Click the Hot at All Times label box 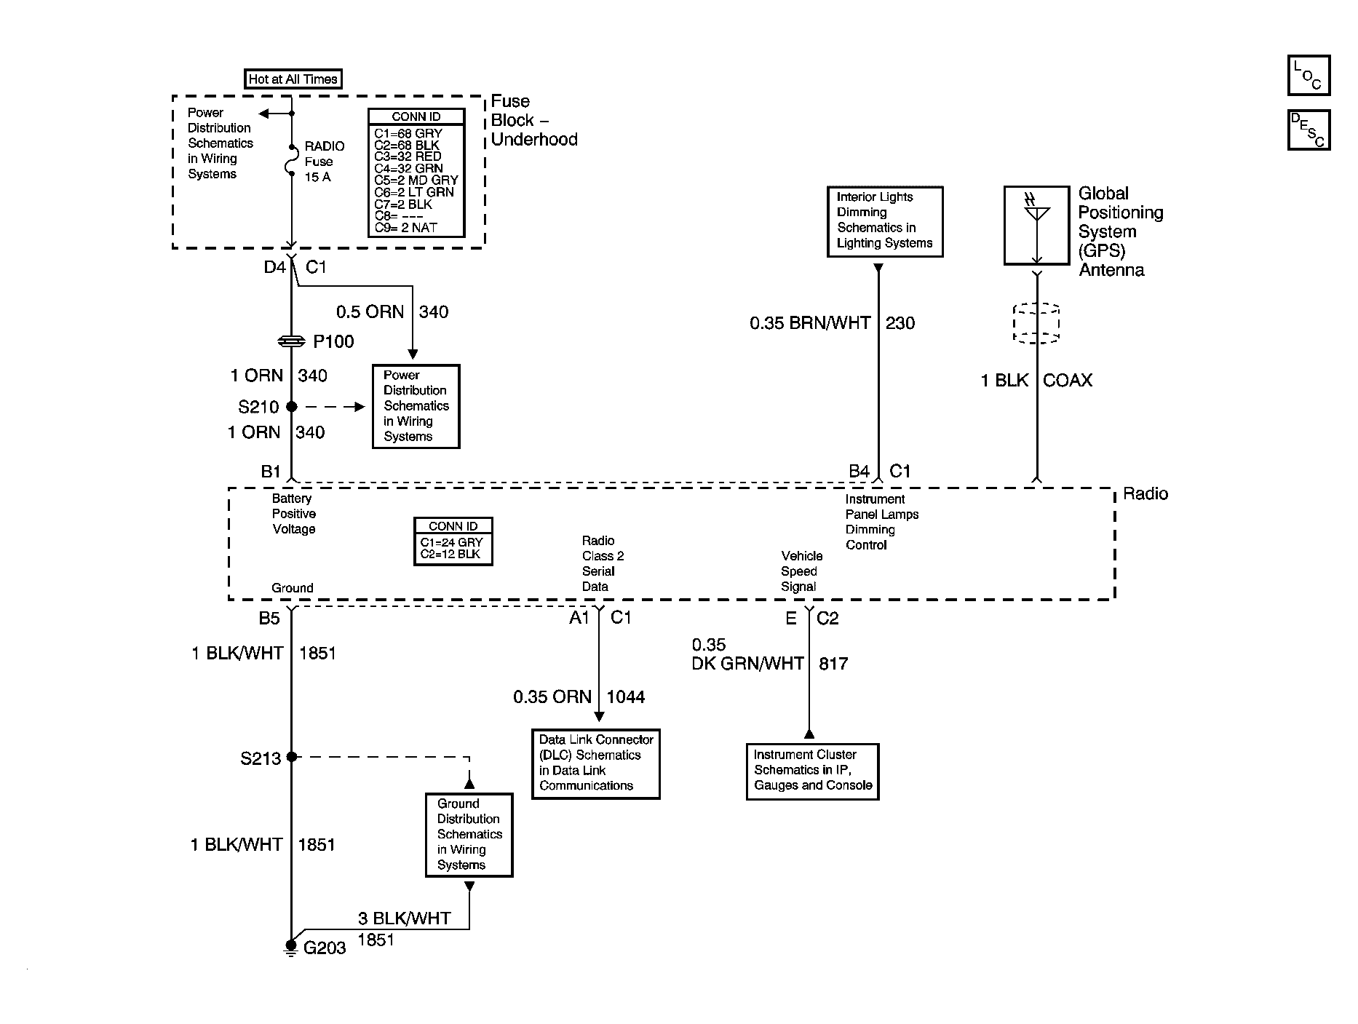293,79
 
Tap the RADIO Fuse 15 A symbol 292,161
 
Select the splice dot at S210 292,407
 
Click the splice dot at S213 292,757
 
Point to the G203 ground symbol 291,947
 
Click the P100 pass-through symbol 292,341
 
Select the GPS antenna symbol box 1037,225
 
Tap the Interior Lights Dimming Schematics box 885,221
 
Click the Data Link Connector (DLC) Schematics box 595,763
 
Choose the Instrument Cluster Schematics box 812,771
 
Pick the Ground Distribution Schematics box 469,834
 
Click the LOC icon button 1308,75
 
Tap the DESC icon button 1308,130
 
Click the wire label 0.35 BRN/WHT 809,323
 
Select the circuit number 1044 625,697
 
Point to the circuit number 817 833,664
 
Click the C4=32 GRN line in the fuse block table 408,168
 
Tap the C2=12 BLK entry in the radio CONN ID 450,554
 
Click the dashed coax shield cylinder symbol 1036,323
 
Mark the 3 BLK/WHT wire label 404,918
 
